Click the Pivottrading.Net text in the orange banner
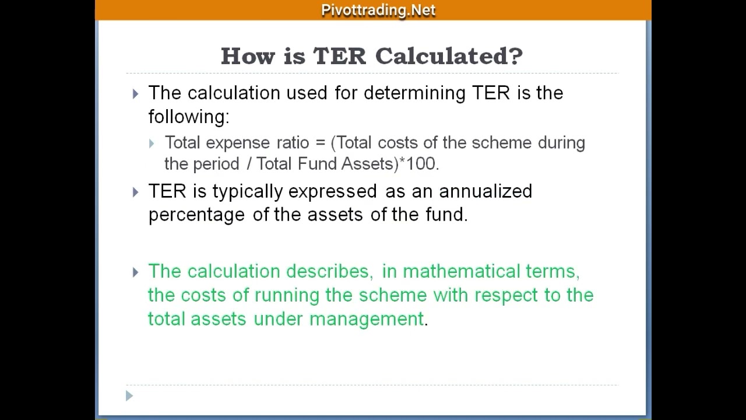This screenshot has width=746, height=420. click(378, 10)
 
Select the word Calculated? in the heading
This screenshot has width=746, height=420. click(449, 56)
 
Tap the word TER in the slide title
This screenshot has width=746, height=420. click(340, 56)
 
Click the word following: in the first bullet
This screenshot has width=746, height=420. click(189, 117)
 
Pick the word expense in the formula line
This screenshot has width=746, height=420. click(237, 143)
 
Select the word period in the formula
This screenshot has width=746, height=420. click(216, 164)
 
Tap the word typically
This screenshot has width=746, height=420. click(248, 192)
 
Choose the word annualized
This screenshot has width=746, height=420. click(485, 191)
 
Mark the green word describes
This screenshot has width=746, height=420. click(327, 272)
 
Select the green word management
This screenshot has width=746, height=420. click(367, 319)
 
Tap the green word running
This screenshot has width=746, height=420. click(287, 296)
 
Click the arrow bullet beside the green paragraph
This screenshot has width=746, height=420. click(136, 272)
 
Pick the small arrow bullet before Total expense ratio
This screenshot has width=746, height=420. click(152, 143)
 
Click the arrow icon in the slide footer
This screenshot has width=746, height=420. click(129, 396)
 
